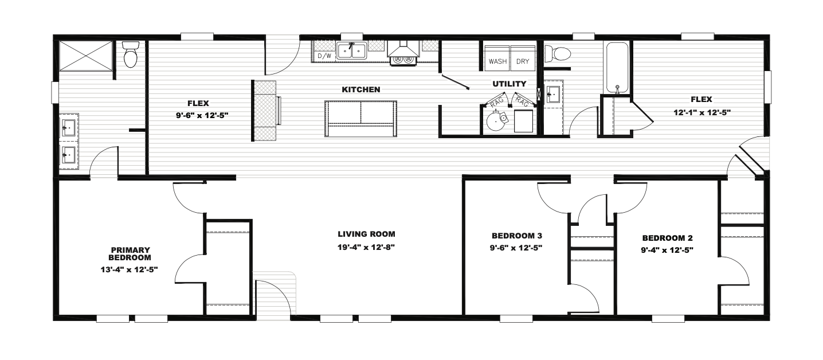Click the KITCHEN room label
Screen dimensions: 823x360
361,89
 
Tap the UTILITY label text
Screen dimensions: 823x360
510,84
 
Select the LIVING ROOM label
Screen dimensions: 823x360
366,234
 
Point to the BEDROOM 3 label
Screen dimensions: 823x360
516,236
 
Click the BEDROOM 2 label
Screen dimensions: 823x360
667,238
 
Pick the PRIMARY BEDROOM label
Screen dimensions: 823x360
130,254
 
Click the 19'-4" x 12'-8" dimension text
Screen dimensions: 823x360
366,247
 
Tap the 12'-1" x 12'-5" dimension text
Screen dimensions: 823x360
701,112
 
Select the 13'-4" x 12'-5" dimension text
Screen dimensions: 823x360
130,269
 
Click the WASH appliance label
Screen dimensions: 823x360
497,61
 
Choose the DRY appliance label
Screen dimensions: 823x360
523,61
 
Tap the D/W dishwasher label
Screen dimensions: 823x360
324,56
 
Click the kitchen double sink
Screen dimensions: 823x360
352,50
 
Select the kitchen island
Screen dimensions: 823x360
360,119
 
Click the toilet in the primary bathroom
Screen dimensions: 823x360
131,54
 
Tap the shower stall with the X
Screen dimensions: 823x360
86,56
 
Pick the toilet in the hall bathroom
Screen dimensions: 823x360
558,53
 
